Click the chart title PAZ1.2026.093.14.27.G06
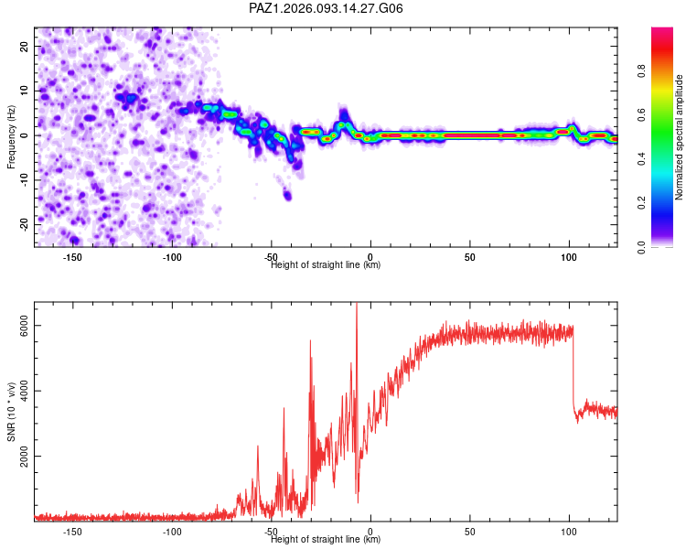pyautogui.click(x=327, y=8)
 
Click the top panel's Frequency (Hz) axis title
pyautogui.click(x=12, y=136)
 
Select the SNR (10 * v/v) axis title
pyautogui.click(x=12, y=411)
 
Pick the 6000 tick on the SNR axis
pyautogui.click(x=25, y=327)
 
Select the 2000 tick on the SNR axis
pyautogui.click(x=25, y=457)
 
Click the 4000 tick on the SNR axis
pyautogui.click(x=25, y=392)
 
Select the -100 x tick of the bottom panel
pyautogui.click(x=172, y=532)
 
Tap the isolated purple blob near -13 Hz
pyautogui.click(x=287, y=194)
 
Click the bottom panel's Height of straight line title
pyautogui.click(x=327, y=540)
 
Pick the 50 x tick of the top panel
pyautogui.click(x=469, y=257)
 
